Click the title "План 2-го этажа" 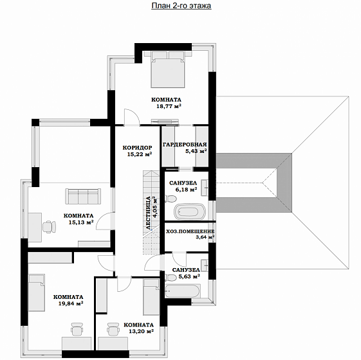pos(181,6)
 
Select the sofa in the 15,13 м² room pos(83,196)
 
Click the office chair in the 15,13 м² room pos(49,227)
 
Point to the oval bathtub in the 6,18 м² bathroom pos(189,212)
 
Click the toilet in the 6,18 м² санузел pos(171,199)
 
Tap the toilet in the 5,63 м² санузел pos(171,278)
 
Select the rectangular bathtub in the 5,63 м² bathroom pos(182,291)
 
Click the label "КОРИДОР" pos(137,148)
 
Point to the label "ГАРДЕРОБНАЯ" pos(185,145)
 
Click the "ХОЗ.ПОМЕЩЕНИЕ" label pos(190,231)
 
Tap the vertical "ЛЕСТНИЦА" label pos(149,213)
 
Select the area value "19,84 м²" pos(71,303)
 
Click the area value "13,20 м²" pos(142,331)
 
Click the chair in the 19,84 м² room pos(77,329)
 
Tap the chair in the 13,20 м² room pos(113,329)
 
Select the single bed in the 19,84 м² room pos(37,292)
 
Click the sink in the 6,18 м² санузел pos(205,188)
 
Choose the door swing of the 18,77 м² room pos(132,117)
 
